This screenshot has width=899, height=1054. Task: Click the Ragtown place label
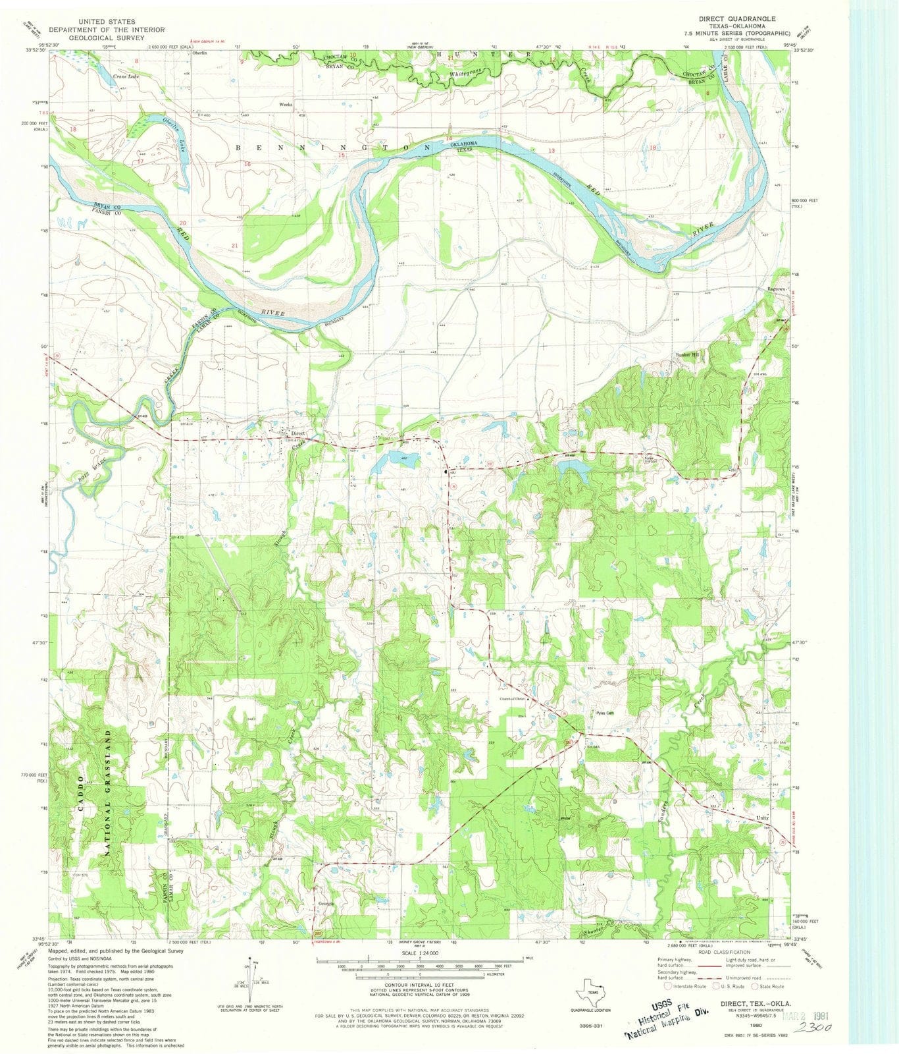pyautogui.click(x=777, y=289)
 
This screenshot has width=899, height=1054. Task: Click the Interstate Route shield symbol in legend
pyautogui.click(x=669, y=986)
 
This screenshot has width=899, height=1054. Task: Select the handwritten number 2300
pyautogui.click(x=810, y=1028)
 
